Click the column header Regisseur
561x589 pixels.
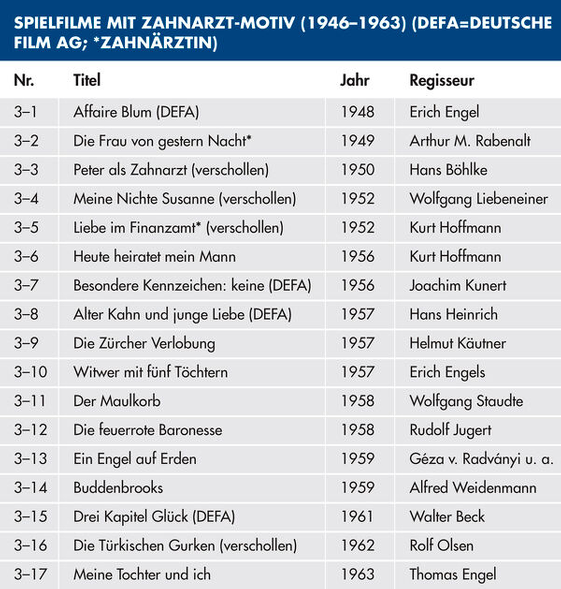coord(442,80)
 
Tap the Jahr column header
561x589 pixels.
coord(355,80)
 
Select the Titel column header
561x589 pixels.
coord(87,80)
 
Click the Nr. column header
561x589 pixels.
coord(24,80)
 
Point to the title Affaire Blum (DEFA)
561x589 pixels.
coord(136,112)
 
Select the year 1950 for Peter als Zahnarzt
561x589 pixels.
coord(358,170)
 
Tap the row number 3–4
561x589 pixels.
coord(26,199)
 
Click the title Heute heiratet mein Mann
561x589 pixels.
coord(155,257)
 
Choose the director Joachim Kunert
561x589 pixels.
coord(458,285)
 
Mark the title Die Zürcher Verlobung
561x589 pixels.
coord(144,343)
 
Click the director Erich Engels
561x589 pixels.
coord(447,372)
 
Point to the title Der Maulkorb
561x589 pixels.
coord(117,401)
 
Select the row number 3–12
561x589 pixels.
coord(30,430)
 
